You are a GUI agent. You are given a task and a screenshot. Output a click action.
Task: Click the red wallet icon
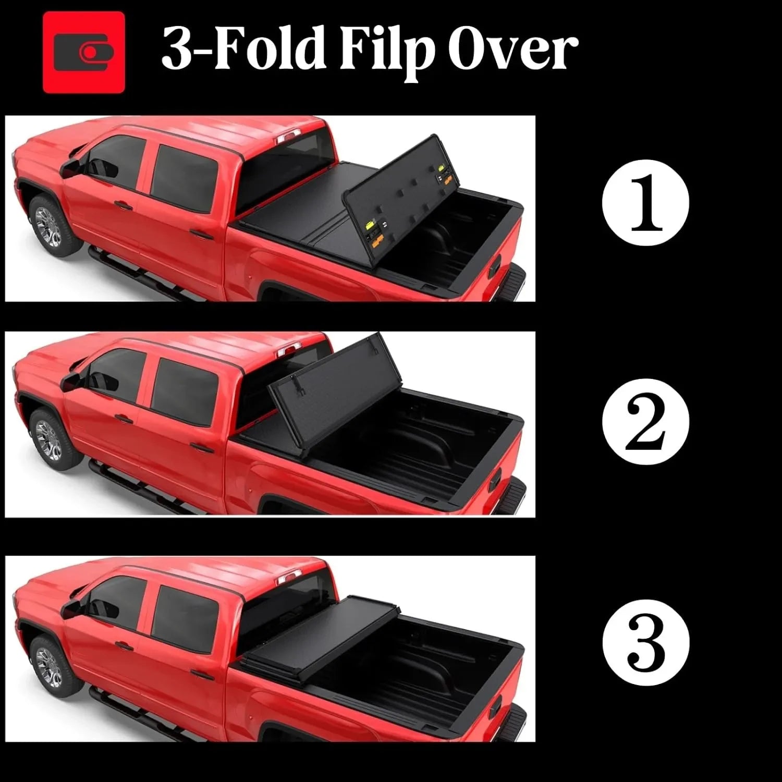[x=84, y=52]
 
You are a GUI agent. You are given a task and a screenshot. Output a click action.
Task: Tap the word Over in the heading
[x=516, y=51]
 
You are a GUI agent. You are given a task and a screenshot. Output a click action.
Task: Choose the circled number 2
[x=645, y=422]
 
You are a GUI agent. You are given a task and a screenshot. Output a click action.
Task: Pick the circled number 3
[x=645, y=641]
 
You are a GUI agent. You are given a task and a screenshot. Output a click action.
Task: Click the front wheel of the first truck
[x=50, y=228]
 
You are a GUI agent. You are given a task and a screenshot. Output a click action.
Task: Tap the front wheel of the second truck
[x=50, y=441]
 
